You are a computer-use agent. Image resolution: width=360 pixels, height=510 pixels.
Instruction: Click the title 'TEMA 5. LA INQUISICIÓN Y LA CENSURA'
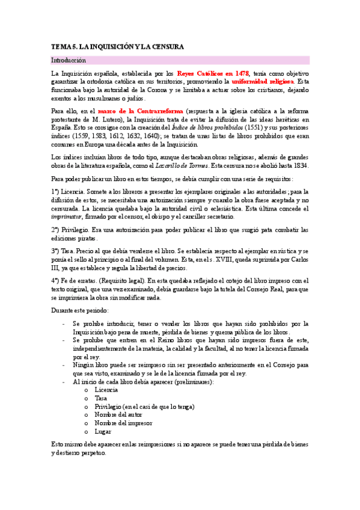pos(117,46)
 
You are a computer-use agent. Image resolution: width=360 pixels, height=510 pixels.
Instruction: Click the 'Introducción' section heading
pos(69,61)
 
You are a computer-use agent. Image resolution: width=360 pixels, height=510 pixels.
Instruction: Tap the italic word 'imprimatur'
pos(66,217)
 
